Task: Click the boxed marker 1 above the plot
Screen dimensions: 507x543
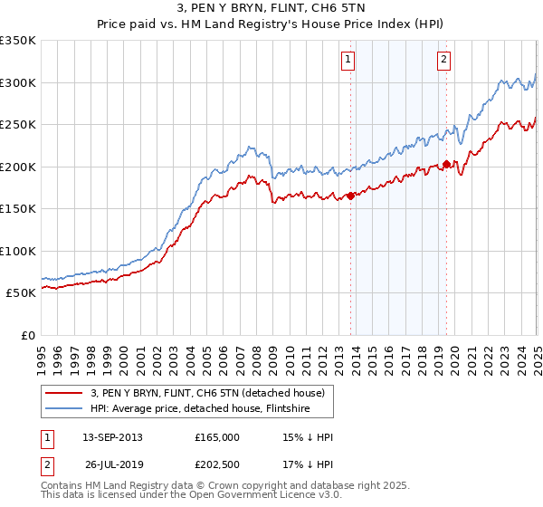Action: pyautogui.click(x=348, y=61)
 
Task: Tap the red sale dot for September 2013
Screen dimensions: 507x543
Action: pyautogui.click(x=350, y=196)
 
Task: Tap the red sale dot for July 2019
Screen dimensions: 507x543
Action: pyautogui.click(x=447, y=165)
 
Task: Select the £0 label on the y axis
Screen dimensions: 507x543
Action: pyautogui.click(x=27, y=335)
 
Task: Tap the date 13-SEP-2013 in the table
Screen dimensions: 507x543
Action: pyautogui.click(x=112, y=437)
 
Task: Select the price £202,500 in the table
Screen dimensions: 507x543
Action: pyautogui.click(x=217, y=466)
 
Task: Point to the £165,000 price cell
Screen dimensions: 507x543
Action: pyautogui.click(x=217, y=437)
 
